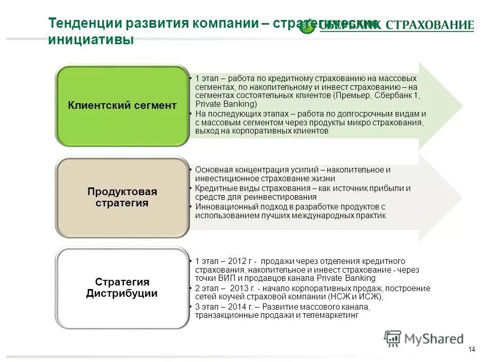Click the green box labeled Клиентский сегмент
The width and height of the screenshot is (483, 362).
122,106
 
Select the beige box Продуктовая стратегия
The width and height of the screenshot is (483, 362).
122,197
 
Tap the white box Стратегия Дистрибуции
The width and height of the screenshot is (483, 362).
122,288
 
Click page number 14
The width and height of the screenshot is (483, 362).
472,350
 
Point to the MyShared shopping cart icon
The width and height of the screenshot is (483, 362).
393,338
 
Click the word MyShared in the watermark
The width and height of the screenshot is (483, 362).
434,339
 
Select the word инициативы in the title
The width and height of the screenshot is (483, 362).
90,41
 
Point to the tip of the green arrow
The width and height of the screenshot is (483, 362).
462,105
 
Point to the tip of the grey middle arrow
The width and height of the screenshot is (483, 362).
462,197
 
